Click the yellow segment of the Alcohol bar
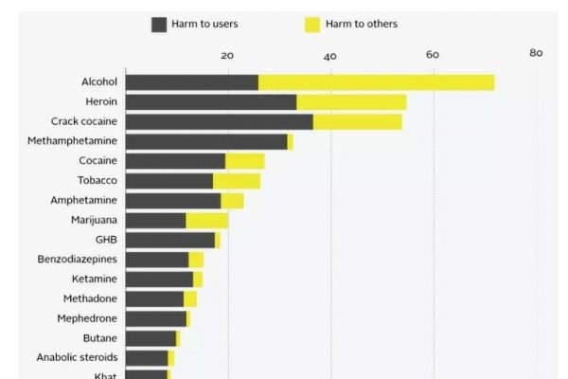click(376, 82)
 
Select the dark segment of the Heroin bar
click(210, 102)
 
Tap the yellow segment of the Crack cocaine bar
click(357, 121)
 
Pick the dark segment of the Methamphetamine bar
click(205, 141)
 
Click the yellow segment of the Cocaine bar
click(244, 161)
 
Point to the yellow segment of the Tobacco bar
click(236, 181)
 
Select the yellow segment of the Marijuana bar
click(206, 220)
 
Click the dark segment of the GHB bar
click(169, 240)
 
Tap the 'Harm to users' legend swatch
click(159, 25)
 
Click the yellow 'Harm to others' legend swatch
click(312, 25)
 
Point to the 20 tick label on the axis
click(227, 55)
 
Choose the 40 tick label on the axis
click(330, 56)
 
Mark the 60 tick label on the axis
click(433, 55)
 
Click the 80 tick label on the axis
click(536, 53)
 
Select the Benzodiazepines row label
click(78, 259)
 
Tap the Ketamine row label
click(95, 279)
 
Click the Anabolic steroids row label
click(77, 357)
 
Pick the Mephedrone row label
click(87, 318)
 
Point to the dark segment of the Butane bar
click(151, 338)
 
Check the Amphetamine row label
click(84, 200)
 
